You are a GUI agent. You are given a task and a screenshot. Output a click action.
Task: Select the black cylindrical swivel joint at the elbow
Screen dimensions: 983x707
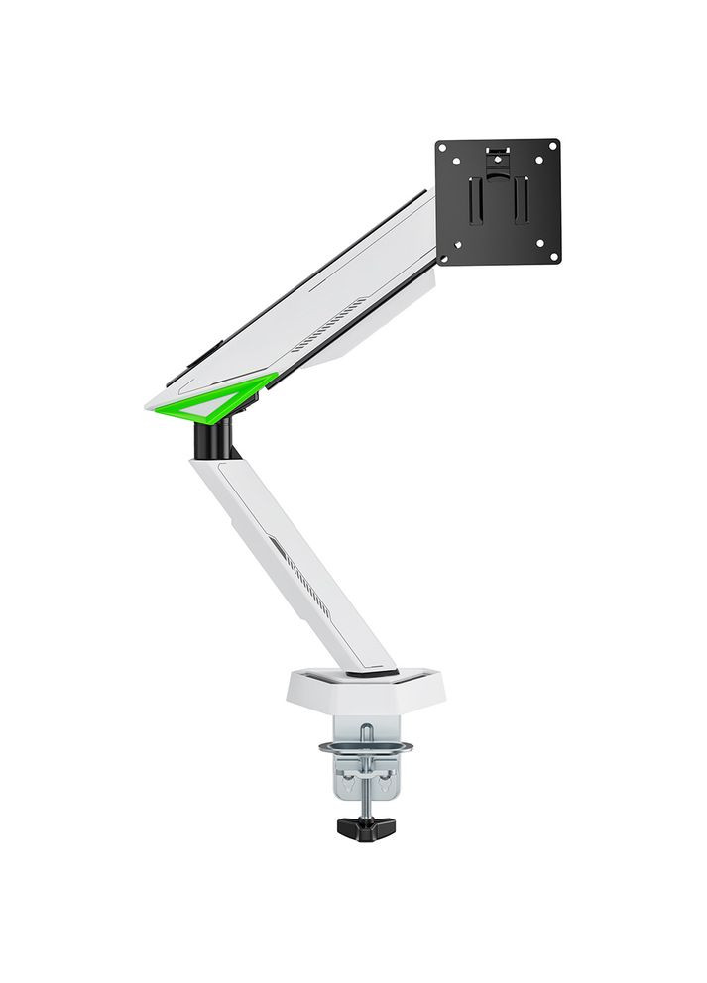pyautogui.click(x=214, y=437)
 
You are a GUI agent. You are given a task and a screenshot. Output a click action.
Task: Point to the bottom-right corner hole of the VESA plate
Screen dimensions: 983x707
pyautogui.click(x=552, y=256)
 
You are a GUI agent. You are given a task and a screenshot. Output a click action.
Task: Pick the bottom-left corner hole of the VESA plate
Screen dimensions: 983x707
pyautogui.click(x=444, y=256)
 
